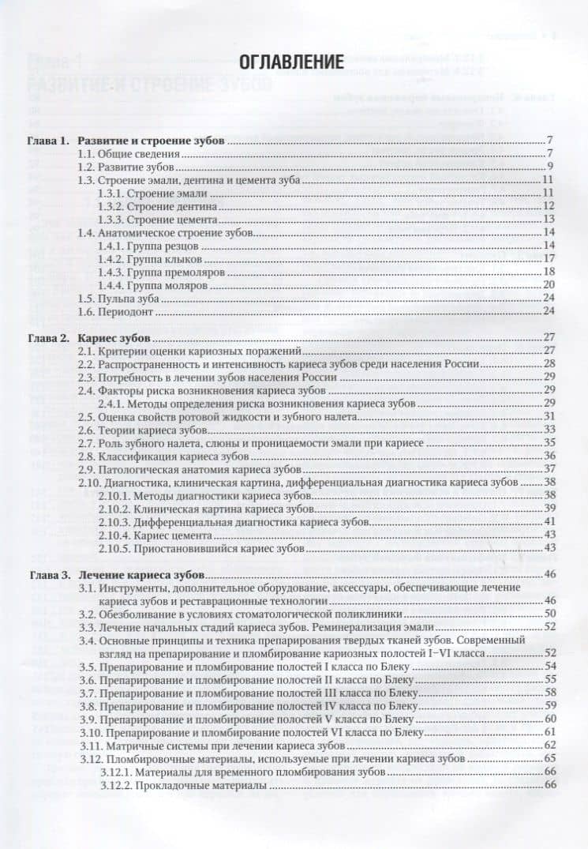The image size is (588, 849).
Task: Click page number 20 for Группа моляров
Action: click(550, 284)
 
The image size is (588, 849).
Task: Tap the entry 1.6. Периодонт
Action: click(113, 310)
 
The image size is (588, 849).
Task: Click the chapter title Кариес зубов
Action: click(114, 338)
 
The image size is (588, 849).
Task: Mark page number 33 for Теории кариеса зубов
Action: click(550, 430)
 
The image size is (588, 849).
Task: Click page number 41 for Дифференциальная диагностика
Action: click(550, 522)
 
